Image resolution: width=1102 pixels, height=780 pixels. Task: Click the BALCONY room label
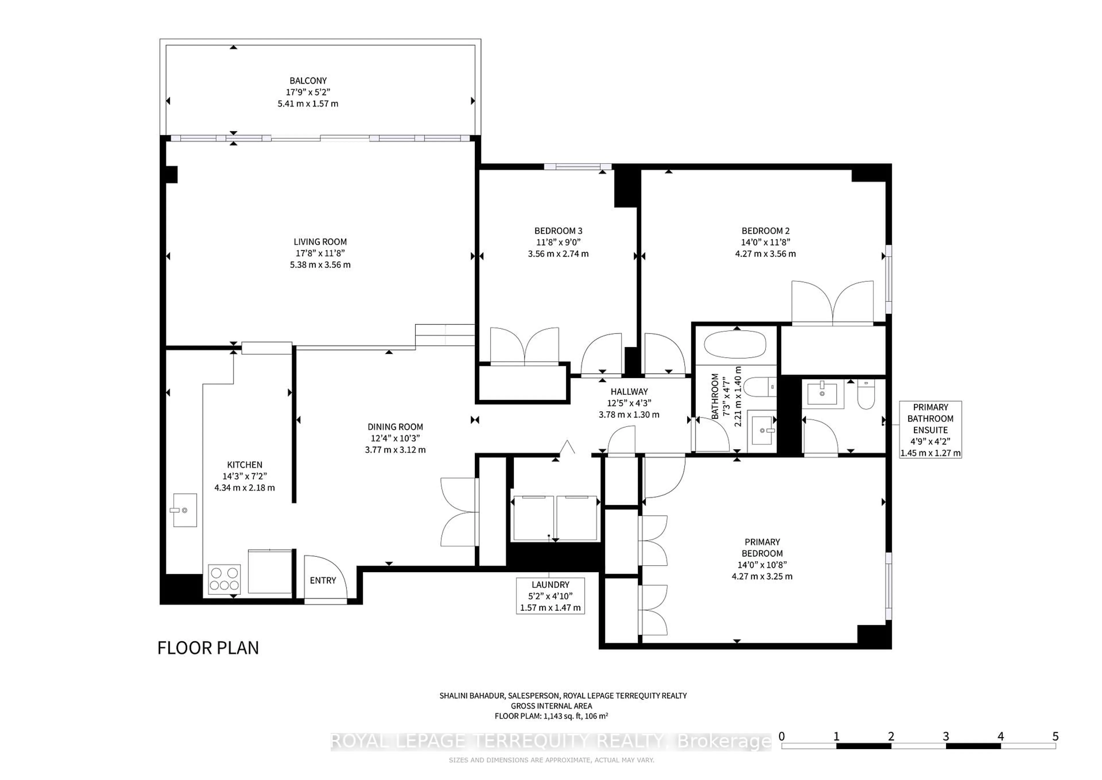coord(308,81)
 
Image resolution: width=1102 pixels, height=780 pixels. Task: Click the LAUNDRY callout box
coord(550,596)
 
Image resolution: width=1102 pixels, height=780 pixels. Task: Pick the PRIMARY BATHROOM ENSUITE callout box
coord(930,429)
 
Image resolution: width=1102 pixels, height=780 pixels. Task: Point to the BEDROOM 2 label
coord(765,231)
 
